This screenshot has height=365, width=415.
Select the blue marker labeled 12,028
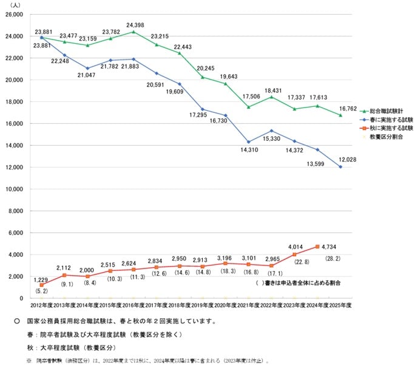[x=340, y=167]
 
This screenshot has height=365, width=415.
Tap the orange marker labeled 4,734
[x=317, y=247]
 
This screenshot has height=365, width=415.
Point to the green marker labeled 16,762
[x=340, y=115]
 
